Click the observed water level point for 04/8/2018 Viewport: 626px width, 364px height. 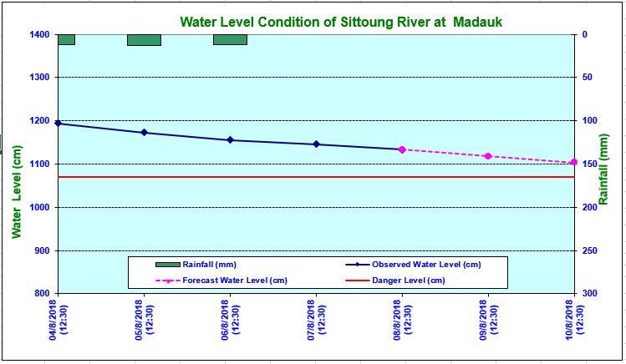58,123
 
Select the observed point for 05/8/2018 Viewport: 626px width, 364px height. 144,133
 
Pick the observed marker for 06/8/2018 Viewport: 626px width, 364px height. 230,140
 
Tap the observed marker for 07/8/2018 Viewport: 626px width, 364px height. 316,144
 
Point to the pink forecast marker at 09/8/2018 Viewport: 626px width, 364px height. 488,156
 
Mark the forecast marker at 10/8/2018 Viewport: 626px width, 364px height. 573,162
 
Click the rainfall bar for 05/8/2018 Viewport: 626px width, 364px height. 144,40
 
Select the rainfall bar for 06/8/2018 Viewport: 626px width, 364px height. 230,39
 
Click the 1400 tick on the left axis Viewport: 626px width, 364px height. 38,34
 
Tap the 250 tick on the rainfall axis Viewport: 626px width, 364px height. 589,250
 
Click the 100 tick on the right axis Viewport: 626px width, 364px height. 589,120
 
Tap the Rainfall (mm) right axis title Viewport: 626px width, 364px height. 604,169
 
